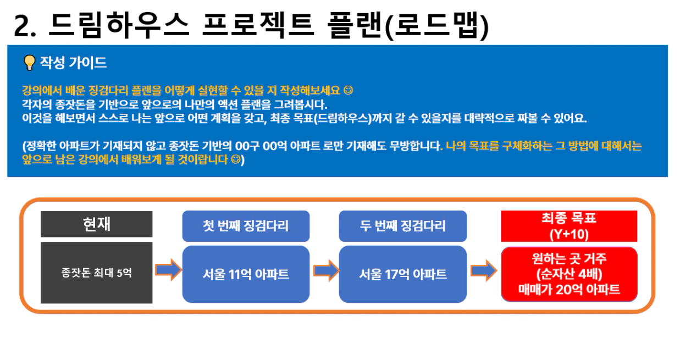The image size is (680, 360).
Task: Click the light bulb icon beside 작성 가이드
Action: click(x=29, y=63)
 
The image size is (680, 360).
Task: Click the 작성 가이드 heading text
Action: click(x=74, y=63)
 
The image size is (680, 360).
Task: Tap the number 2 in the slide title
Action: click(x=21, y=26)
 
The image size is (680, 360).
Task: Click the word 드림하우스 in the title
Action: click(x=119, y=25)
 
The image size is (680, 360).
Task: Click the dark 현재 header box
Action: click(x=97, y=224)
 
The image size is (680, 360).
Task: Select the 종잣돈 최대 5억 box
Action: click(x=97, y=273)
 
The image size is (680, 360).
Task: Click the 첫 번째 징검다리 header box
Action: click(x=246, y=226)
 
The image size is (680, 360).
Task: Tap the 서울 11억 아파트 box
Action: click(x=246, y=274)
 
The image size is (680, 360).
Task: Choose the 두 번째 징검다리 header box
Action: click(x=403, y=226)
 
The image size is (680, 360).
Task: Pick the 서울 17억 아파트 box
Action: click(x=403, y=274)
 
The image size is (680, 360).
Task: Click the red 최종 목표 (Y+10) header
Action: click(x=569, y=226)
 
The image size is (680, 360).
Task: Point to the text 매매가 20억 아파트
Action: click(x=569, y=289)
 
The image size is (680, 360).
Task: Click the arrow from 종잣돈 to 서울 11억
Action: click(x=168, y=269)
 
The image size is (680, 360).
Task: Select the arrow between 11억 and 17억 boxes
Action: click(x=327, y=270)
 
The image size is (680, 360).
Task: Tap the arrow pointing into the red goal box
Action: click(x=484, y=270)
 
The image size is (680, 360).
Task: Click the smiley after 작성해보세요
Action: click(x=348, y=90)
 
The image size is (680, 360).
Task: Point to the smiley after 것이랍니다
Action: click(x=236, y=159)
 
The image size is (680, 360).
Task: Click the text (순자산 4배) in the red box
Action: click(x=569, y=274)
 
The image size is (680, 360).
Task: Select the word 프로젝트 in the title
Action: click(x=258, y=25)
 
